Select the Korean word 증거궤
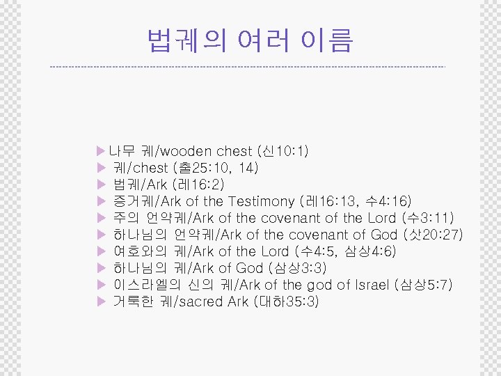(x=134, y=201)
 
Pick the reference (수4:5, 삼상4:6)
(x=345, y=251)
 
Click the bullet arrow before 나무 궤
(x=101, y=151)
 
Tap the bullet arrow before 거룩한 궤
(x=101, y=301)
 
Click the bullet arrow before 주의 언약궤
(x=101, y=218)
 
